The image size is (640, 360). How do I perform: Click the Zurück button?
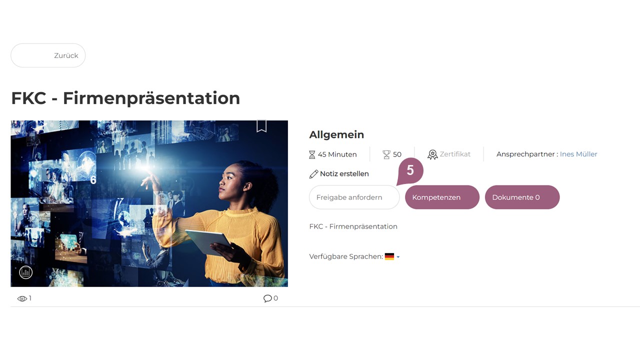click(x=48, y=55)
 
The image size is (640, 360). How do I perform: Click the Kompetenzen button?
click(x=442, y=197)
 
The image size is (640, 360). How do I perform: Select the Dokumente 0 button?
click(x=522, y=197)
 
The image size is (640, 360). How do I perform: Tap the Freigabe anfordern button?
click(x=354, y=197)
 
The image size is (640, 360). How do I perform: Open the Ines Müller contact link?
click(x=578, y=154)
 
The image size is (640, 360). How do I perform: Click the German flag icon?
click(x=389, y=256)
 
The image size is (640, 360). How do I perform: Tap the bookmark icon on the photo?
click(x=261, y=126)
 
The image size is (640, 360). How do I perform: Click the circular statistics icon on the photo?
click(x=25, y=272)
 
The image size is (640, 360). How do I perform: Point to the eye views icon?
click(x=22, y=299)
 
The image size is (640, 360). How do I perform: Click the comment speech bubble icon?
click(x=267, y=298)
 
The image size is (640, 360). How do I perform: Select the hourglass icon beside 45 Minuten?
click(x=312, y=154)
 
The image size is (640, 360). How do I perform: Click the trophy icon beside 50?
click(x=386, y=154)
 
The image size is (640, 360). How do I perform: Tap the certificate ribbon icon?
click(x=432, y=154)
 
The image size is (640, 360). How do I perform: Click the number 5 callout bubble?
click(x=410, y=171)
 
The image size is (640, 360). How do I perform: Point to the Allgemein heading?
click(x=336, y=134)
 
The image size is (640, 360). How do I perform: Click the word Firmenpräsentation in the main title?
click(x=151, y=98)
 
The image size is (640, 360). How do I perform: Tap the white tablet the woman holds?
click(x=208, y=241)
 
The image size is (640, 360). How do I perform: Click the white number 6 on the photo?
click(x=93, y=180)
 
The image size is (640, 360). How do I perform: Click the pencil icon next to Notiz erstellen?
click(x=313, y=174)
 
